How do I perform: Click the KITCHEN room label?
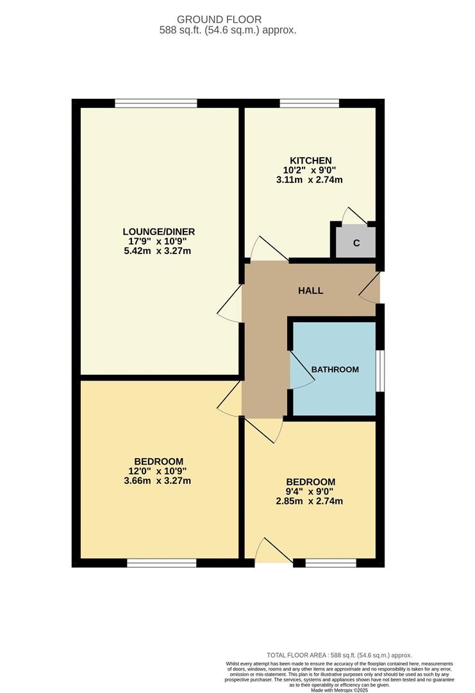pos(311,160)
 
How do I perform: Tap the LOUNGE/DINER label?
pos(159,232)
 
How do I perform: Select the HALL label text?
pos(310,291)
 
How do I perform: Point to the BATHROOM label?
pos(335,370)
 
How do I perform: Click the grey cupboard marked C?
pos(356,243)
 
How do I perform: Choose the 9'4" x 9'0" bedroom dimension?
pos(311,492)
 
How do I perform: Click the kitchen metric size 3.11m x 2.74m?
pos(311,180)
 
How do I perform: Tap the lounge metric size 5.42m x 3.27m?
pos(159,251)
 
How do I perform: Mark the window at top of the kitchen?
pos(310,103)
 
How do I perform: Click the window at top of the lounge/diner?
pos(156,103)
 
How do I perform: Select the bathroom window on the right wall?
pos(380,370)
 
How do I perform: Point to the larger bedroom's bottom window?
pos(162,563)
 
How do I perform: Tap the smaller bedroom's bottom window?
pos(331,563)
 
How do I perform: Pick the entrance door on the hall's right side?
pos(371,287)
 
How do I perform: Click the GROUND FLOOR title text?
pos(228,20)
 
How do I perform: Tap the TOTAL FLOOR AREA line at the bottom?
pos(339,655)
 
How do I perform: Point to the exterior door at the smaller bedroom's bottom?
pos(274,552)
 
